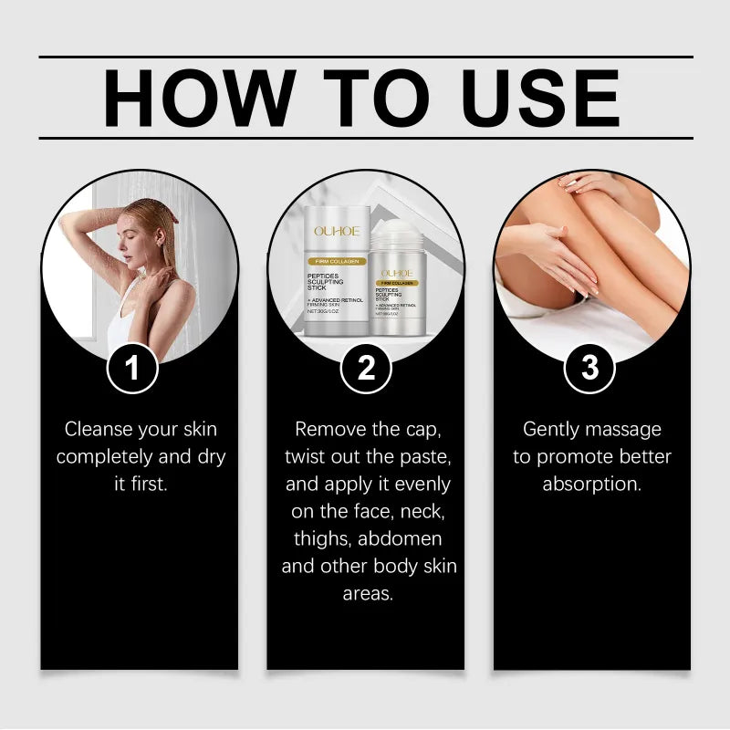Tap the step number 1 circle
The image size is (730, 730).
(132, 369)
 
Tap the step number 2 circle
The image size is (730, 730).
(366, 369)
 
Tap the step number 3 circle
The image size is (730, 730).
(590, 369)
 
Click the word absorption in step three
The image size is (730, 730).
(591, 484)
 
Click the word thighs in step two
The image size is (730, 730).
(321, 538)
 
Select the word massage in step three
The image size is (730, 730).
(630, 429)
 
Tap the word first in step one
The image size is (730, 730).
(151, 484)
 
